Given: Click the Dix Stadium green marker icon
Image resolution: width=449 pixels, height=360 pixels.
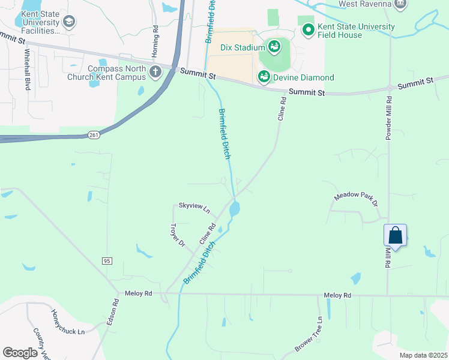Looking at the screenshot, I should [x=274, y=47].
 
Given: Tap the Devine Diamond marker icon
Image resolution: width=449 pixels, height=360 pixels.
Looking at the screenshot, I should [x=264, y=76].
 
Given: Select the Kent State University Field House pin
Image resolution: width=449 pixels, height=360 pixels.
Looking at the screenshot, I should [x=308, y=29].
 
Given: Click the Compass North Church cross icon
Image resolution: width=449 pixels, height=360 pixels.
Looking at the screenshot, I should [x=155, y=73].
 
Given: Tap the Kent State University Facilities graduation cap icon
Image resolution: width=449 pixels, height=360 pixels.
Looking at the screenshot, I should [x=69, y=23].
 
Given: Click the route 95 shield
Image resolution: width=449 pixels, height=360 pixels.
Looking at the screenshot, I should [x=107, y=260].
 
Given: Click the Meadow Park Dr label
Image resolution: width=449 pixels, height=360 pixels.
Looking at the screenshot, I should [x=356, y=200].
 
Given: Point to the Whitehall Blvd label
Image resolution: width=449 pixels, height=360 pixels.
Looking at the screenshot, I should [x=27, y=70].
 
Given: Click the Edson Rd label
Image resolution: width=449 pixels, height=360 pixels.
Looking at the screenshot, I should [x=112, y=313].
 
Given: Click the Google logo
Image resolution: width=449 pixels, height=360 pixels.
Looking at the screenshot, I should [x=20, y=352].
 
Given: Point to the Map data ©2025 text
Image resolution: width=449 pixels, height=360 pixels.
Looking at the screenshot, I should [x=423, y=355].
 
